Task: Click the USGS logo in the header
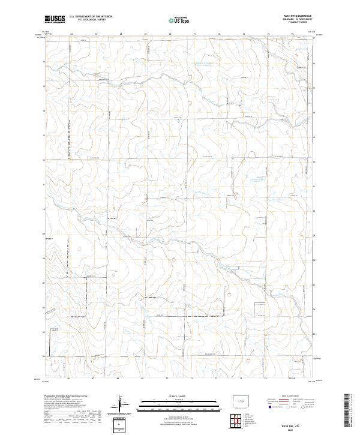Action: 55,19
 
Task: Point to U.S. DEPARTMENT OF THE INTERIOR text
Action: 91,17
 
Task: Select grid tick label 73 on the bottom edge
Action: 240,379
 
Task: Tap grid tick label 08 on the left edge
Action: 44,259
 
